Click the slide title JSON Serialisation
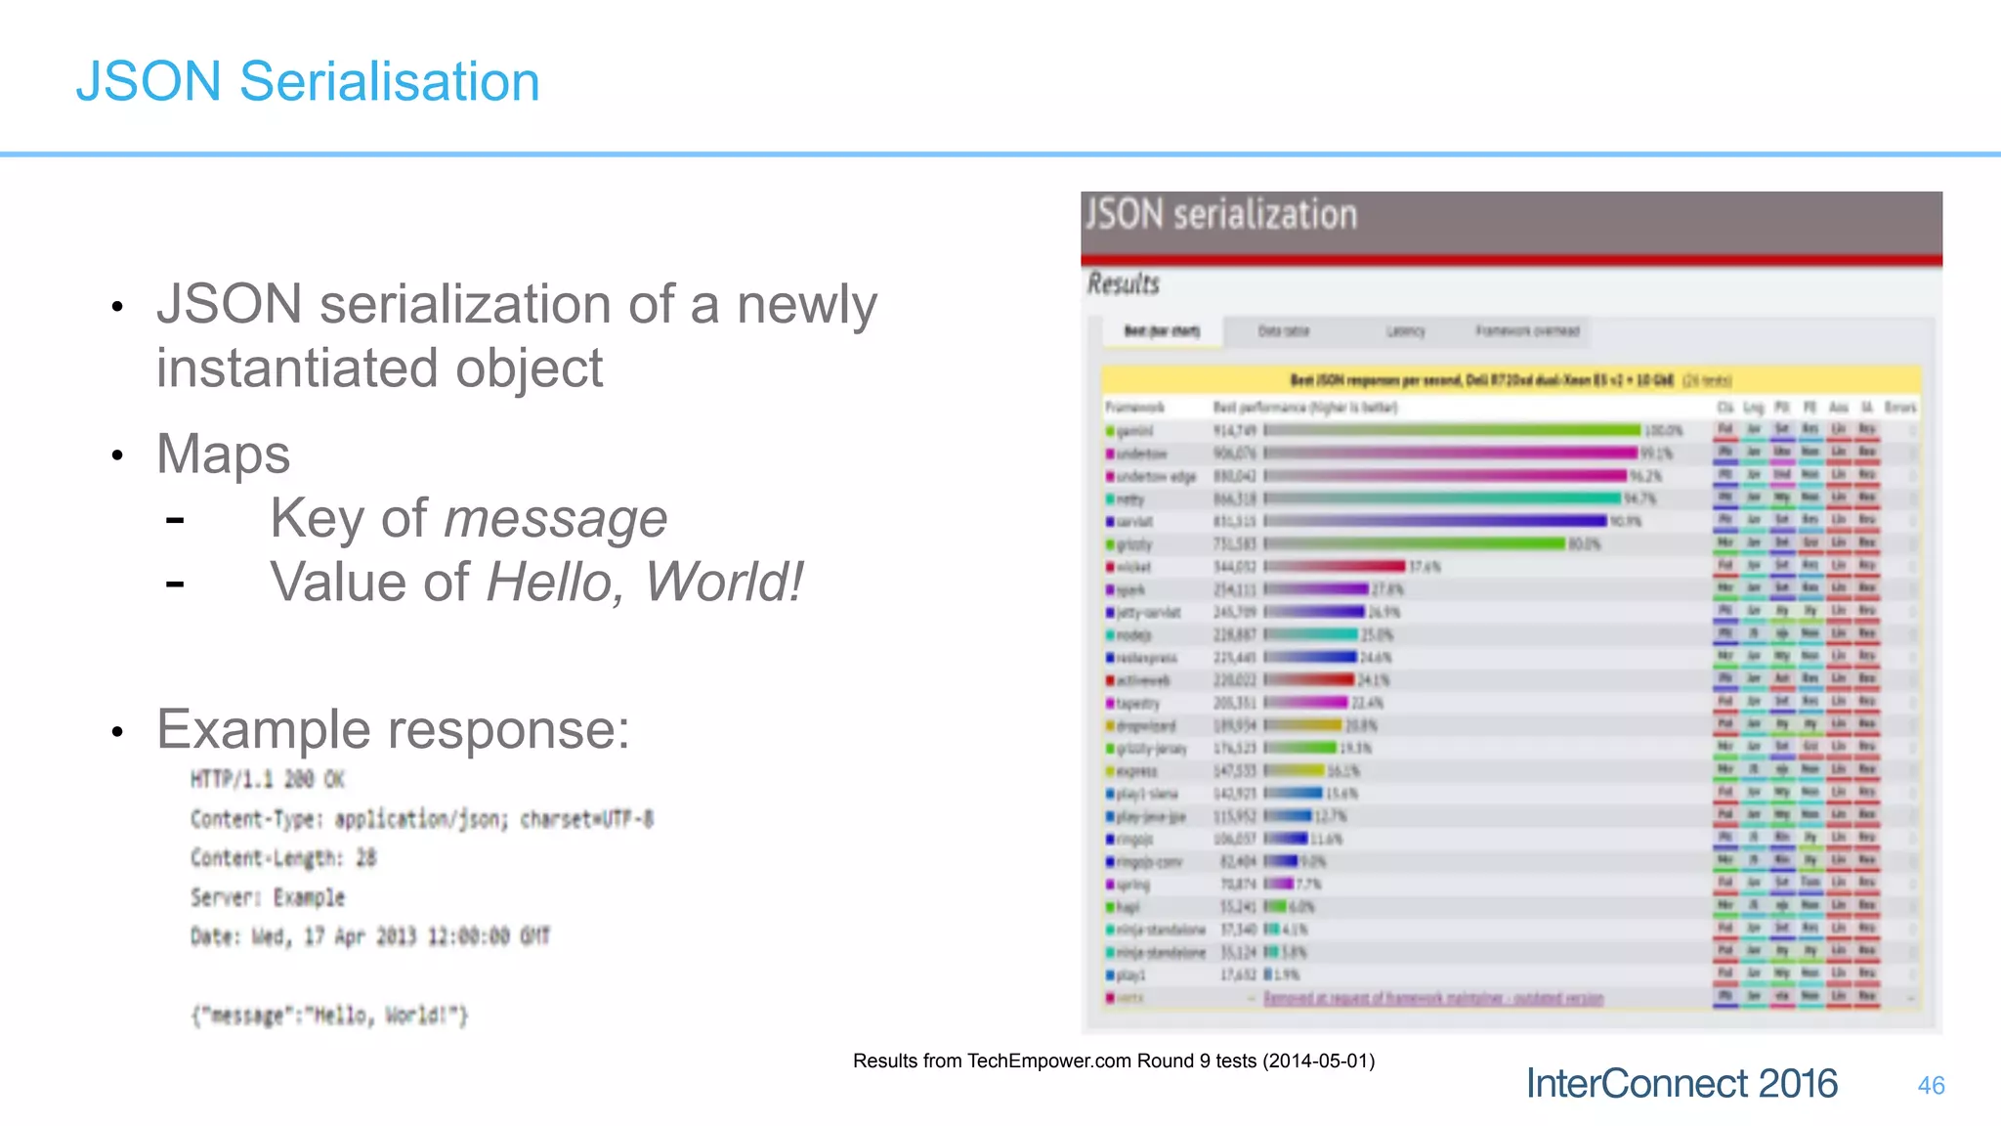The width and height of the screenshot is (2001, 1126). (x=308, y=81)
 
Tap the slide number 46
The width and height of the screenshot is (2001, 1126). (x=1931, y=1085)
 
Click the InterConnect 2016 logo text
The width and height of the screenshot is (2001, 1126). (x=1682, y=1083)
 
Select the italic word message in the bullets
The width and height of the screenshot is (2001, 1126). (x=555, y=518)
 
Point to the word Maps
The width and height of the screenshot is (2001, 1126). (x=224, y=455)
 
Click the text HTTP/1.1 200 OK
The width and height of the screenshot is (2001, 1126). (x=268, y=779)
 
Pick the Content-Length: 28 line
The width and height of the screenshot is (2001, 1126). (x=283, y=858)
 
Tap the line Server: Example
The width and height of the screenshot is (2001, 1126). (x=268, y=897)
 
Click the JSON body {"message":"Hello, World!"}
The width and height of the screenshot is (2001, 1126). (x=329, y=1016)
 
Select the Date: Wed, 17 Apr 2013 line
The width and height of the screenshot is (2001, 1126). (x=370, y=936)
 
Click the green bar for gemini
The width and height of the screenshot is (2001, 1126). (x=1452, y=430)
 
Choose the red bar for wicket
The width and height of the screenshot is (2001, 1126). (x=1335, y=566)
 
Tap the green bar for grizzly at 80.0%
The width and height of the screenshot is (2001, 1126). (x=1415, y=543)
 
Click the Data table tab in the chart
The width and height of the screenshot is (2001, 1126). (x=1283, y=331)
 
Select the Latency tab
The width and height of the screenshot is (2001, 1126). (x=1405, y=331)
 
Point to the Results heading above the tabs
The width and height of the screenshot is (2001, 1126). (x=1124, y=284)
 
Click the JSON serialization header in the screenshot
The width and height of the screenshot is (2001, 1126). (x=1221, y=215)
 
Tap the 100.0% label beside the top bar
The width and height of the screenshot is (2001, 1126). (x=1663, y=430)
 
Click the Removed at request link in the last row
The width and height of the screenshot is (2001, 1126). (x=1433, y=998)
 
